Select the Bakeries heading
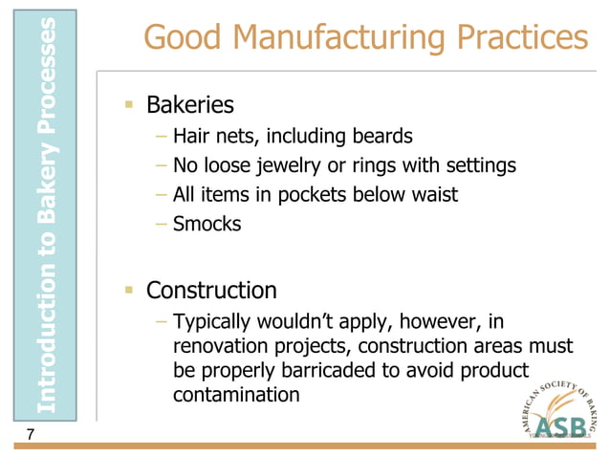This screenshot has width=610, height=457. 189,103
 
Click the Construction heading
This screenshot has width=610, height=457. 211,289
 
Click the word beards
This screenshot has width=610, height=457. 381,136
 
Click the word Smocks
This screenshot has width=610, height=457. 207,225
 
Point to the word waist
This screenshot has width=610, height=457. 434,195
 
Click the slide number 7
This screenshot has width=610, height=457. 32,436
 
